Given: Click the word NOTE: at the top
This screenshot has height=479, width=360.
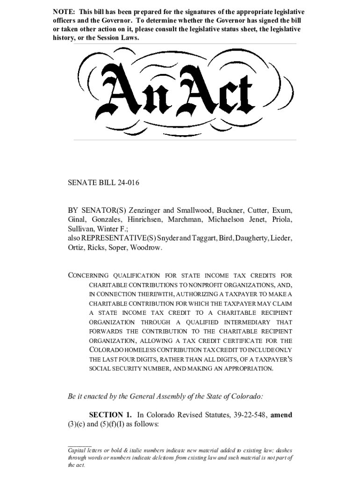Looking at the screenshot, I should coord(62,12).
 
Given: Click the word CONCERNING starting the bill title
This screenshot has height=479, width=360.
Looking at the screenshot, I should coord(88,276).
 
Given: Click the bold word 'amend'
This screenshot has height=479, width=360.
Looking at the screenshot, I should coord(281,415).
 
